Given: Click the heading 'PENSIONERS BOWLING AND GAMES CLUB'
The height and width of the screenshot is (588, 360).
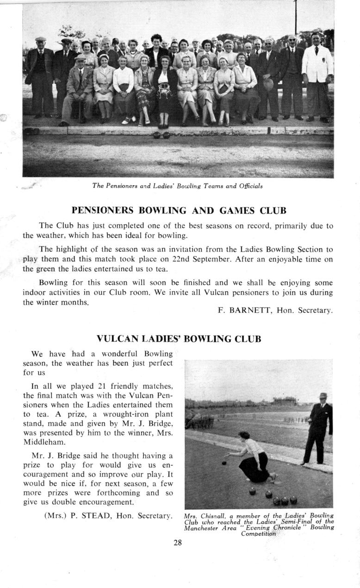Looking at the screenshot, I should (179, 211).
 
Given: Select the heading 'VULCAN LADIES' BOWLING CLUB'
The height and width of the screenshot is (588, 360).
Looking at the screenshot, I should (179, 339).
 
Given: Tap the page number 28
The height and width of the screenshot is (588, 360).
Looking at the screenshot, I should (178, 543).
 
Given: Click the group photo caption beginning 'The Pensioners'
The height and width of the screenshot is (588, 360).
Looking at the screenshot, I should (178, 186).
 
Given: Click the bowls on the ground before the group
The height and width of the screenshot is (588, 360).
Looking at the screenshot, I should (161, 135).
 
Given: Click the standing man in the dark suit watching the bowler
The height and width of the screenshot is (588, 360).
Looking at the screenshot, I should (318, 428).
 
